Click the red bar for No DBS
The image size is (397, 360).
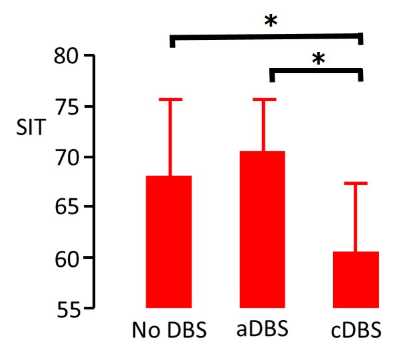coord(169,242)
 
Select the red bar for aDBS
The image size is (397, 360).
coord(263,230)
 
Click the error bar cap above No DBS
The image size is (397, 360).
coord(169,99)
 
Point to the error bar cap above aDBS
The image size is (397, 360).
coord(263,99)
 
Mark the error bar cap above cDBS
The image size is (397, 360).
coord(356,183)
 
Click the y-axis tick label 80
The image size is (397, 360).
coord(67,57)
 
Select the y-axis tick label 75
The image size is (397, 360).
coord(67,107)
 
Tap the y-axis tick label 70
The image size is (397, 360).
coord(67,158)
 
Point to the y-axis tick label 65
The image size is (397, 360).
coord(67,208)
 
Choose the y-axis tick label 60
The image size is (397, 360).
coord(67,258)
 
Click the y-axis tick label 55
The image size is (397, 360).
coord(67,309)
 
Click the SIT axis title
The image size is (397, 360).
coord(29,127)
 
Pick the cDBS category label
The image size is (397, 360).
coord(356,331)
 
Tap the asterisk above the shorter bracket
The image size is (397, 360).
coord(318,59)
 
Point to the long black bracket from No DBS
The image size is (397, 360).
coord(266,35)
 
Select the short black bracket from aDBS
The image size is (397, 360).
coord(316,71)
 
